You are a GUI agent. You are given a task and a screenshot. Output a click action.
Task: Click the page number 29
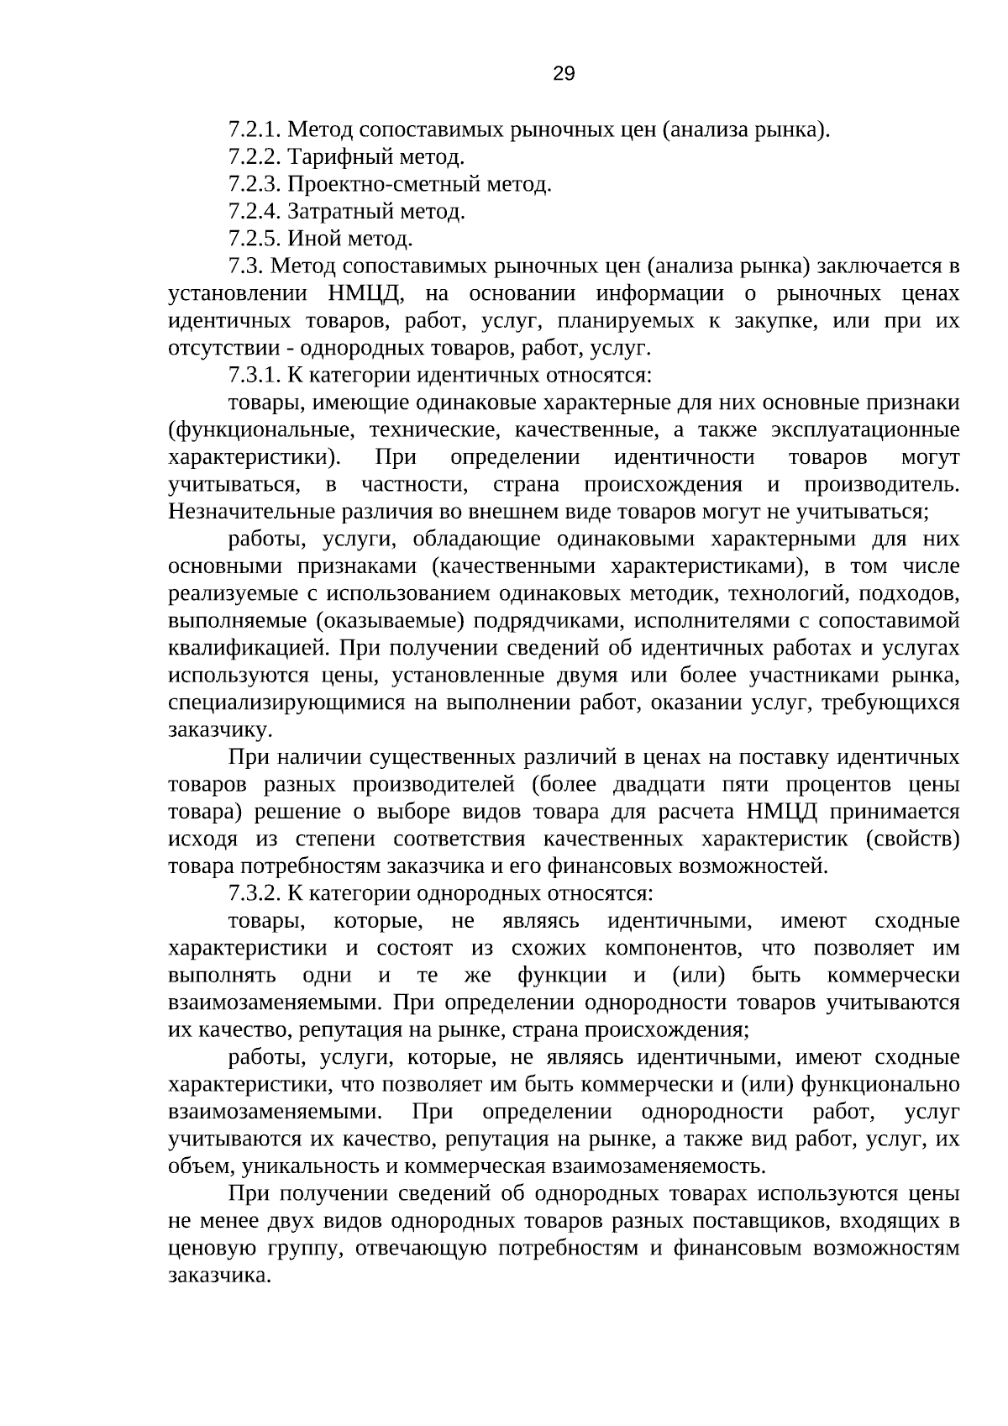click(564, 74)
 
